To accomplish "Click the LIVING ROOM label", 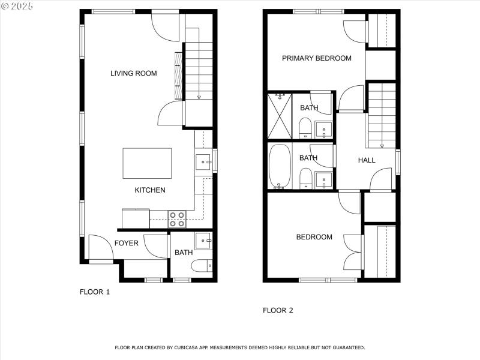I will pyautogui.click(x=133, y=73).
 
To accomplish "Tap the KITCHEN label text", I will pyautogui.click(x=149, y=190).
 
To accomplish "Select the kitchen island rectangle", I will pyautogui.click(x=147, y=163).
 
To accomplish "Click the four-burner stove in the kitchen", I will pyautogui.click(x=177, y=219).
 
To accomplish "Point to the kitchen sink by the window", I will pyautogui.click(x=203, y=161).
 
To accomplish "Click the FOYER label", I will pyautogui.click(x=126, y=243).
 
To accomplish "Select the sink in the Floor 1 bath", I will pyautogui.click(x=203, y=241).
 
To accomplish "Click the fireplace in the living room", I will pyautogui.click(x=178, y=75).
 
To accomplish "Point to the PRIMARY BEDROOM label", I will pyautogui.click(x=316, y=58).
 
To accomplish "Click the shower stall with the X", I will pyautogui.click(x=279, y=115).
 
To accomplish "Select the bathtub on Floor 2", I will pyautogui.click(x=279, y=166).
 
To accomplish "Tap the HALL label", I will pyautogui.click(x=367, y=160).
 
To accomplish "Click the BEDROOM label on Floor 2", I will pyautogui.click(x=314, y=237).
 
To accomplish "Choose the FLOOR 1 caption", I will pyautogui.click(x=95, y=292).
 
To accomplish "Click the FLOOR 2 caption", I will pyautogui.click(x=278, y=310).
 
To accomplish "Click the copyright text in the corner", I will pyautogui.click(x=17, y=5).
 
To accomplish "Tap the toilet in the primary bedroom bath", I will pyautogui.click(x=305, y=127).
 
